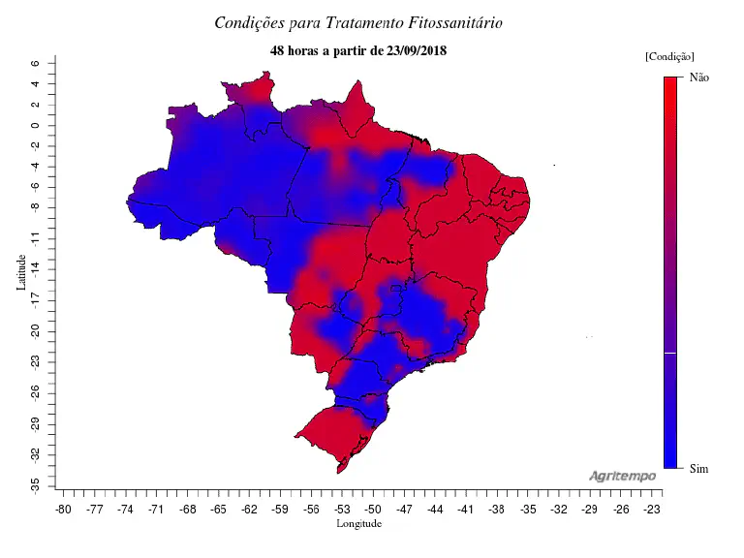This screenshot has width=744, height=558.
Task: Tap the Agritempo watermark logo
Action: pos(622,476)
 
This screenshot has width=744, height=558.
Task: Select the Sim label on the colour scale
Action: pos(698,469)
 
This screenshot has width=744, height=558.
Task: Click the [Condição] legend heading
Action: pos(668,57)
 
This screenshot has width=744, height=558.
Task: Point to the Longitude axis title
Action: pos(358,524)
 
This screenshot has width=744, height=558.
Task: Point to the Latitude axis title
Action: pos(20,272)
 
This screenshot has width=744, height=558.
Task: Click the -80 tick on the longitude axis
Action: pos(64,508)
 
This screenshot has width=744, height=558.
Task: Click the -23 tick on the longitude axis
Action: pos(652,508)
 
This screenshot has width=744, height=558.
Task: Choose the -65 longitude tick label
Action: pos(219,508)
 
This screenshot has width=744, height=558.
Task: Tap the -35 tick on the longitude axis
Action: pos(528,508)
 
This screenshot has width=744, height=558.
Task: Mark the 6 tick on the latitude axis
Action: pos(35,64)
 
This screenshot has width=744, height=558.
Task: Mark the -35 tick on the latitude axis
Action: pos(35,481)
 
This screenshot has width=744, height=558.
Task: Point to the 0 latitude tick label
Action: pos(35,126)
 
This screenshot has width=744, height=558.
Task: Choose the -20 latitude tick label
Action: pos(35,330)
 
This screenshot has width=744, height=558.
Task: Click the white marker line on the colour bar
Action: pos(669,355)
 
